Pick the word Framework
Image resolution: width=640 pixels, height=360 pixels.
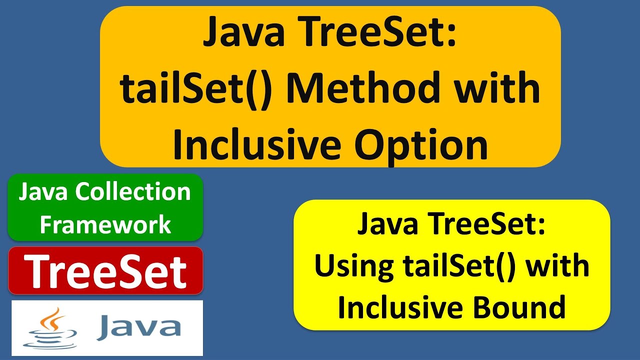[x=105, y=224]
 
